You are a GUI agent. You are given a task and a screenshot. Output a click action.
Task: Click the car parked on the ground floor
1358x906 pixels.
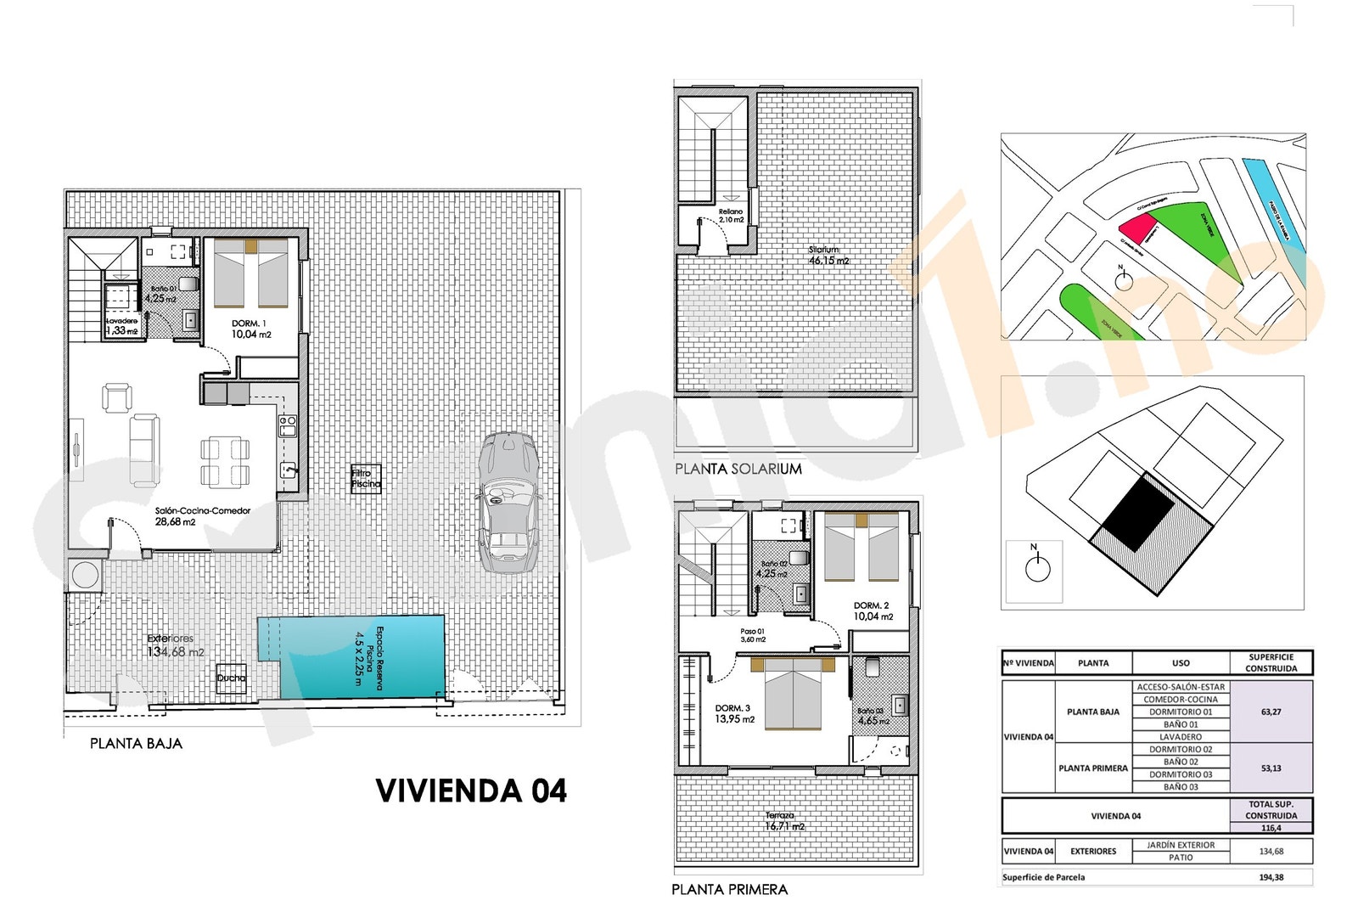508,503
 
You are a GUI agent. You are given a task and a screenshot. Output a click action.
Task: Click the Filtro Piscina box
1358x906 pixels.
367,479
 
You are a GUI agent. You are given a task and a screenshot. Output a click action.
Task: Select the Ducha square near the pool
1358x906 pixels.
231,678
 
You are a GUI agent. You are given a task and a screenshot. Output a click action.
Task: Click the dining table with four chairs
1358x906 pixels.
225,462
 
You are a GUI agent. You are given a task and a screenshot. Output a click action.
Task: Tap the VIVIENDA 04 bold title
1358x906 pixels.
471,791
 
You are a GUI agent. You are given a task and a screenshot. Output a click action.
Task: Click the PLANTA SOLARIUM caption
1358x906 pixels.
738,469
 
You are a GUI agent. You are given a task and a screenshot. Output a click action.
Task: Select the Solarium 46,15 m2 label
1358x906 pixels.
828,256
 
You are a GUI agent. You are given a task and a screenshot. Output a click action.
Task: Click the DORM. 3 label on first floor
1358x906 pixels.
733,713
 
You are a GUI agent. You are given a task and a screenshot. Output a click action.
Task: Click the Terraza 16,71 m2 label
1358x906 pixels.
784,821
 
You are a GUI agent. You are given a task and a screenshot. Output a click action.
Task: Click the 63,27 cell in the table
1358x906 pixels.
1271,712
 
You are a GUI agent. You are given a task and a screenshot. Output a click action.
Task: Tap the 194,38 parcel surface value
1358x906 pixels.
1271,877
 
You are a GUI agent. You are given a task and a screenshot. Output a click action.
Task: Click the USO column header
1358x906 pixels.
1181,663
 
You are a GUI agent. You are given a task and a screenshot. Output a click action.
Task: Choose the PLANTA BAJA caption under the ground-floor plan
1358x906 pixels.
136,744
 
